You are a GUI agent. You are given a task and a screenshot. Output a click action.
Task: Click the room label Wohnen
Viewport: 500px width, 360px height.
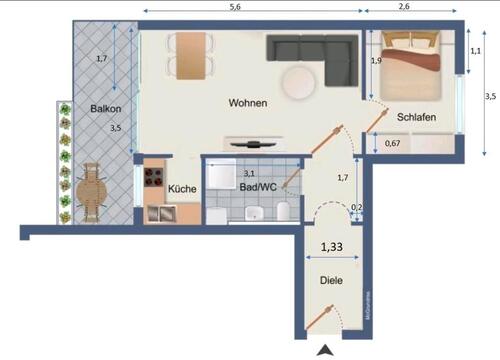(247, 103)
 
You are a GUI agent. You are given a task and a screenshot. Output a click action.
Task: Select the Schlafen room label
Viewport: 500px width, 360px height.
(415, 117)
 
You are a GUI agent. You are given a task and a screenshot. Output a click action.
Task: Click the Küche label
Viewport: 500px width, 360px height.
(182, 188)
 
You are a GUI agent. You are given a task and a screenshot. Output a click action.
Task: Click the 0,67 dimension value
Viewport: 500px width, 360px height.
(393, 143)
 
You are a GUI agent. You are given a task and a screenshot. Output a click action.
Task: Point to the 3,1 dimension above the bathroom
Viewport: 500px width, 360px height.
(249, 173)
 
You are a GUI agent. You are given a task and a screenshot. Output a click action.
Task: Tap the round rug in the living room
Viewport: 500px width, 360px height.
(300, 84)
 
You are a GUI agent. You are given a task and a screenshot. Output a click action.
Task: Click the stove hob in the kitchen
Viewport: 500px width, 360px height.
(156, 178)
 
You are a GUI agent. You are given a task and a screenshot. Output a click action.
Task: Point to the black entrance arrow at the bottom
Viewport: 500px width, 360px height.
(325, 350)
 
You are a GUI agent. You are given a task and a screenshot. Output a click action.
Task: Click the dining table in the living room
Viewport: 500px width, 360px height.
(190, 55)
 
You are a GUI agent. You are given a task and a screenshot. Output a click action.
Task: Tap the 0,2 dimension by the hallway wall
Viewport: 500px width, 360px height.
(357, 209)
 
